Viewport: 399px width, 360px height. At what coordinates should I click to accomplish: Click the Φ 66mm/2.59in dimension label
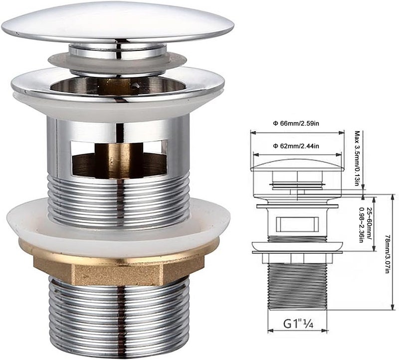click(x=296, y=124)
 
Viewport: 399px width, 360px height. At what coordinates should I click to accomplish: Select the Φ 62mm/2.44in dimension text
click(x=296, y=146)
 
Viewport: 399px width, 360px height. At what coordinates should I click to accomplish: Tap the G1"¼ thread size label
click(x=298, y=324)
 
